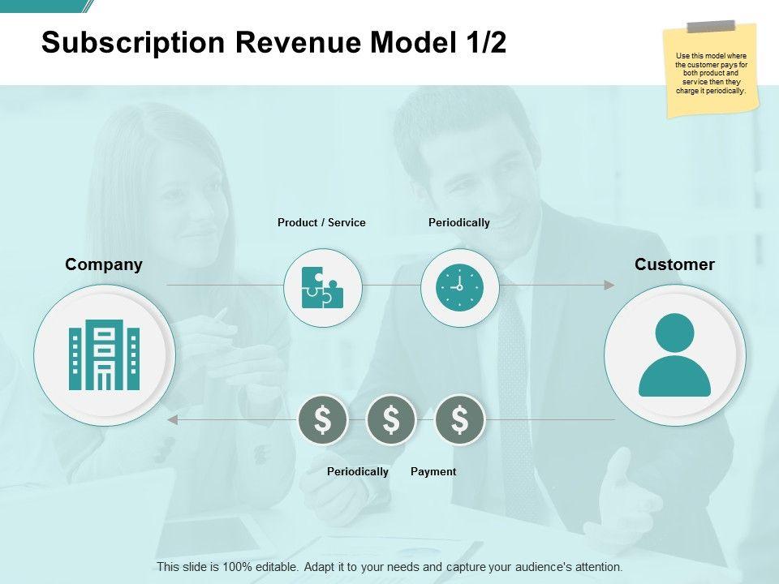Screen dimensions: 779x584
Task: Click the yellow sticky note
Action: (x=711, y=70)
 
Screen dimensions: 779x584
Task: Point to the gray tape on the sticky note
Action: (x=711, y=26)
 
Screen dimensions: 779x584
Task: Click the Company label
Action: (x=104, y=264)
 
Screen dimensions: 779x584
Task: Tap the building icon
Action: (x=105, y=354)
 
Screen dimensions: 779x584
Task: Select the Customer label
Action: (x=674, y=264)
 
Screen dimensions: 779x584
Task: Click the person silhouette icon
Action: (x=674, y=355)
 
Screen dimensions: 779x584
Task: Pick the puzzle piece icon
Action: (x=322, y=287)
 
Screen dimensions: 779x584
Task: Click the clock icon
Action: (x=459, y=288)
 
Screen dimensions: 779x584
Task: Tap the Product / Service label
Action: (x=321, y=222)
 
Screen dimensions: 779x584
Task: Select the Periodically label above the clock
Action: (x=459, y=222)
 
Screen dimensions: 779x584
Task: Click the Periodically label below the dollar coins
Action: (x=358, y=471)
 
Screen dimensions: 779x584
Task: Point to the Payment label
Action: (x=433, y=471)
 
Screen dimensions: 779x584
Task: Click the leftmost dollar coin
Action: (x=323, y=420)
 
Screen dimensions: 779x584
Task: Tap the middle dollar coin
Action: (x=391, y=420)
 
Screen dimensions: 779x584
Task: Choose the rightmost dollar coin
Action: (x=460, y=420)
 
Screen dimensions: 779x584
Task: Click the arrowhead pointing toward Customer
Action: (x=609, y=285)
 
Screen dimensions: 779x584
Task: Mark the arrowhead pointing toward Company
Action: (x=172, y=420)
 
